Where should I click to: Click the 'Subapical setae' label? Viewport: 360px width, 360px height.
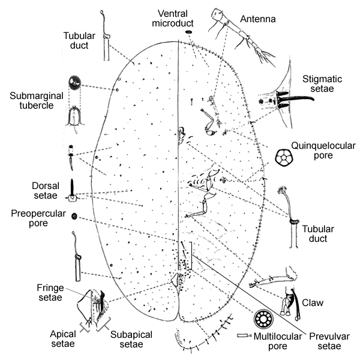click(127, 340)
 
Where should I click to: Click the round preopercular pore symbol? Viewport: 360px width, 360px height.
click(74, 216)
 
